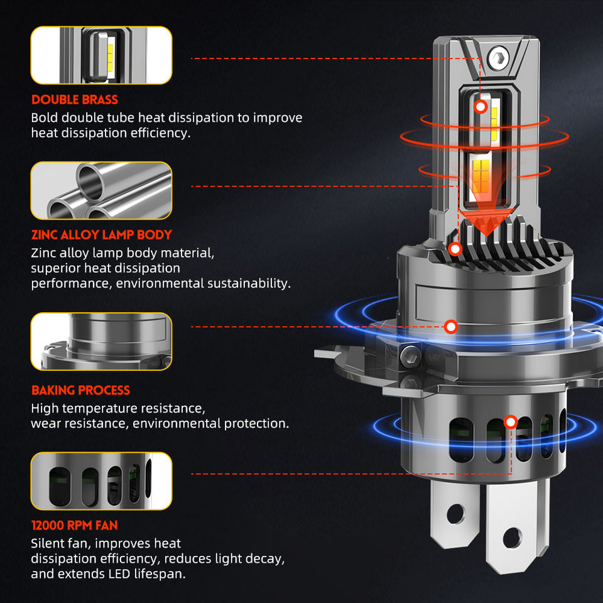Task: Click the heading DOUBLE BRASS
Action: tap(75, 100)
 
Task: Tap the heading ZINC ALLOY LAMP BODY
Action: tap(102, 235)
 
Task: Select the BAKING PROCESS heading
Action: tap(81, 390)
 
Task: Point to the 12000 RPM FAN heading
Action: tap(75, 525)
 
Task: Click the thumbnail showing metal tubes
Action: tap(102, 191)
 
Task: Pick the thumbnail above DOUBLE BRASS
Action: tap(102, 55)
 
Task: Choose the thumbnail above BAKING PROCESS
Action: tap(102, 342)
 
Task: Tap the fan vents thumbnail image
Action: tap(102, 481)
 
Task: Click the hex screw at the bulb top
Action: tap(499, 58)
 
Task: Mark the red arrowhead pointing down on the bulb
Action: tap(487, 222)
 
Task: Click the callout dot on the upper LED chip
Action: tap(481, 107)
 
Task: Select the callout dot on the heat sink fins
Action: tap(455, 249)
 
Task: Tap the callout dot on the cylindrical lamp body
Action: tap(451, 327)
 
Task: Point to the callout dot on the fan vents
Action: tap(511, 422)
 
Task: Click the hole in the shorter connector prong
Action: tap(455, 514)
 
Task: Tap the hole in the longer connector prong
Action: tap(513, 538)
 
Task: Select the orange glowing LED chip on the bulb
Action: tap(481, 176)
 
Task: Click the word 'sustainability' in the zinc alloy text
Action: tap(249, 283)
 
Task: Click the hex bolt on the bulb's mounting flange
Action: tap(410, 356)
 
